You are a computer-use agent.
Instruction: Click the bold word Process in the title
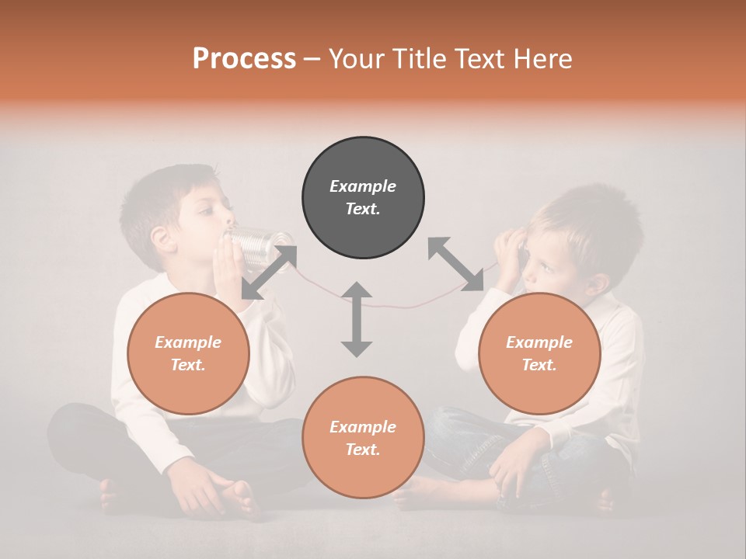tap(244, 59)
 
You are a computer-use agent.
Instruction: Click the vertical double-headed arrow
tap(357, 319)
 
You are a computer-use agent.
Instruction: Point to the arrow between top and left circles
tap(269, 273)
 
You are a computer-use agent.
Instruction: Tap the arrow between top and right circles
tap(456, 265)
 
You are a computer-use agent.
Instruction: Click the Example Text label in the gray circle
tap(363, 197)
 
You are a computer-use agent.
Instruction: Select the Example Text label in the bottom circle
tap(363, 438)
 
